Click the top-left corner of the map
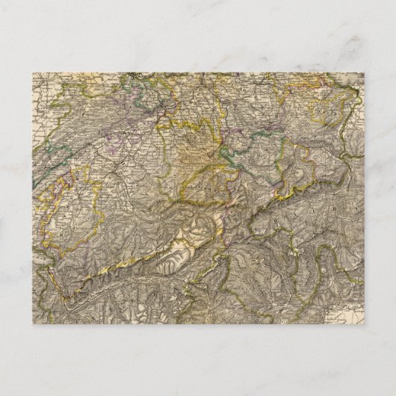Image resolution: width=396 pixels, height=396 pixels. coord(32,72)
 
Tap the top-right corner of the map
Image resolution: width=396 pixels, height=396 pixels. coord(364,72)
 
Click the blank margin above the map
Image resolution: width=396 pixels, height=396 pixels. coord(198,37)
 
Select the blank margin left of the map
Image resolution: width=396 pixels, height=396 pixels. coord(15,198)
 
